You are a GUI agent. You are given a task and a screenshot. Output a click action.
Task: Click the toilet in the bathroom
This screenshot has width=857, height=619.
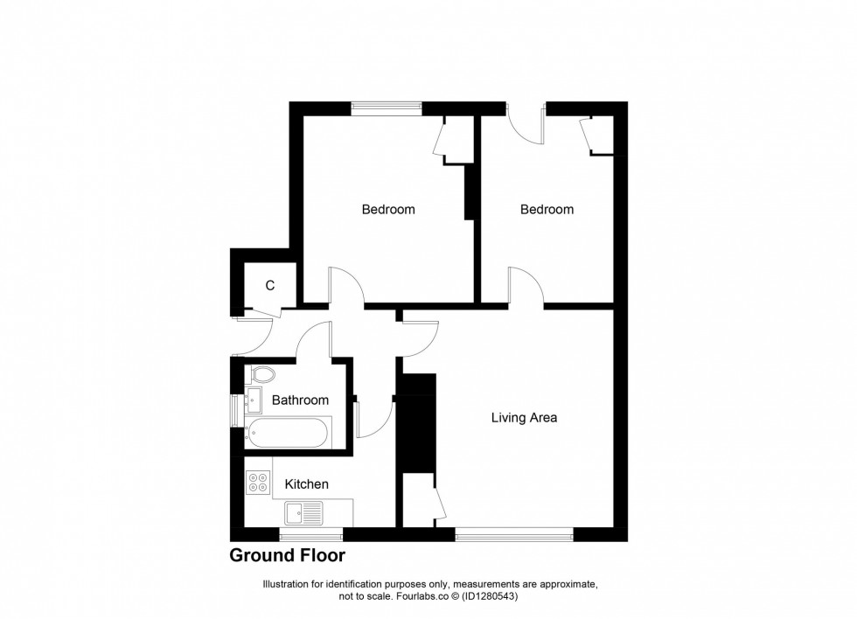261,375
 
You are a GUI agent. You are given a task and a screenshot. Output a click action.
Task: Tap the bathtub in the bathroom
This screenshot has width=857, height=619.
289,431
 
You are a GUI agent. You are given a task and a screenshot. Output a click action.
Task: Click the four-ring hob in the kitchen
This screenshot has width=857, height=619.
259,482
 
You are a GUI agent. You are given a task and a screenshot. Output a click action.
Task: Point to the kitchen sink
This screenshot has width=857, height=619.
303,511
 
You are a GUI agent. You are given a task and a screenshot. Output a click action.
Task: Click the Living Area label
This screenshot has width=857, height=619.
524,418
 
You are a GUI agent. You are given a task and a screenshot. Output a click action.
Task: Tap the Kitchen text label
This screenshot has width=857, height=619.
307,484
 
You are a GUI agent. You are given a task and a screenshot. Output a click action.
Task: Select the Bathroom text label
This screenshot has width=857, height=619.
300,400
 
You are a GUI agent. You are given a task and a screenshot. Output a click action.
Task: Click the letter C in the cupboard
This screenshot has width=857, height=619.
270,285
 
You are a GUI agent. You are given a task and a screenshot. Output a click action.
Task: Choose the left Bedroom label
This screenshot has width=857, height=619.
388,210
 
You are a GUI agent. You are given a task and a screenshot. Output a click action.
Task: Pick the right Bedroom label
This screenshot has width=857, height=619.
547,210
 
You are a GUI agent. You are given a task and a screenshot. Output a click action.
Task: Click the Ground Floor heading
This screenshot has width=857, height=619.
287,556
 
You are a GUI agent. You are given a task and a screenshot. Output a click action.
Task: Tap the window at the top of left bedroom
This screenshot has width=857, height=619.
387,108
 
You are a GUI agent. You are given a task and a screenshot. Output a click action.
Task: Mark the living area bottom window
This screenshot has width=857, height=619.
514,533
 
